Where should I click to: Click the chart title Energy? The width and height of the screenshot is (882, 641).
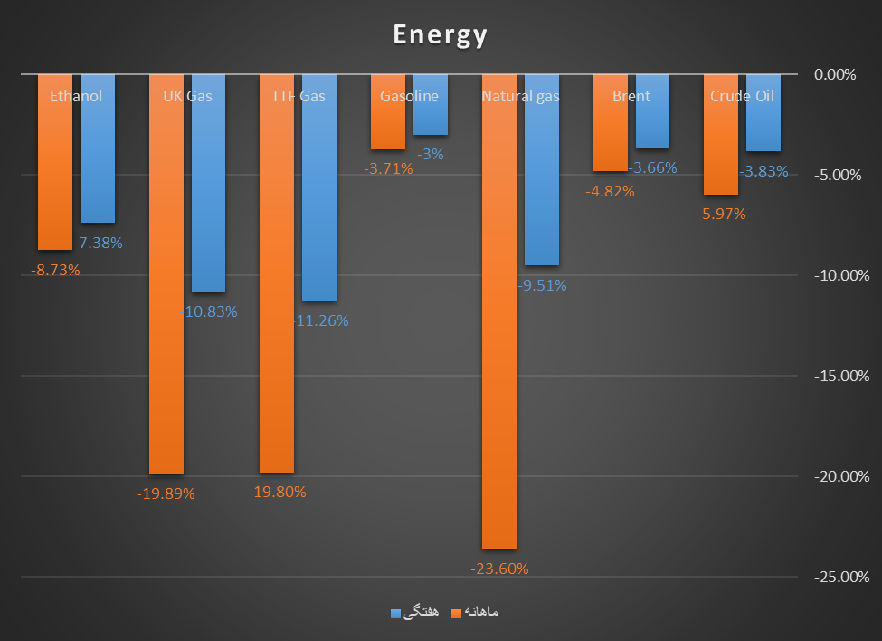pyautogui.click(x=441, y=35)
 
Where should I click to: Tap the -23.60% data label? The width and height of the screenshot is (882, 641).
pyautogui.click(x=499, y=569)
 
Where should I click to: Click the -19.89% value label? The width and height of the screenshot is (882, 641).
pyautogui.click(x=166, y=494)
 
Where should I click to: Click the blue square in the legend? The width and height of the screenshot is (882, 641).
pyautogui.click(x=395, y=613)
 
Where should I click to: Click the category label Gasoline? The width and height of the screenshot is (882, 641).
pyautogui.click(x=409, y=96)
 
